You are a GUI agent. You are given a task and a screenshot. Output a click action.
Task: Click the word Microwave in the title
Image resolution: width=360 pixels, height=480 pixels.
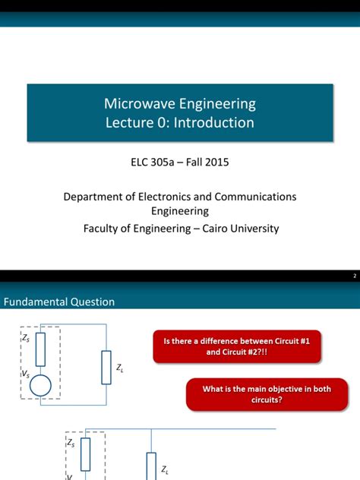pos(138,103)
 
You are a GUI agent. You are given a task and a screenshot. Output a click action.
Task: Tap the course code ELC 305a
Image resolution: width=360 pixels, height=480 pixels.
pos(159,162)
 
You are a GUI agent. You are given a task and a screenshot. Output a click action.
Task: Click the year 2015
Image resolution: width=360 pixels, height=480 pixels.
pos(216,162)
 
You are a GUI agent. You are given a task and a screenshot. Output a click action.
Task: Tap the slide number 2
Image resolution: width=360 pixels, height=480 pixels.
pos(354,276)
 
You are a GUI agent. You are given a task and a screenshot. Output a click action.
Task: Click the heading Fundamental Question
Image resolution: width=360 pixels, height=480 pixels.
pos(60,302)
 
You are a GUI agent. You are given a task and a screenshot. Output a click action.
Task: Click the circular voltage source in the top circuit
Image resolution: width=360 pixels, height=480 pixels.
pos(41,386)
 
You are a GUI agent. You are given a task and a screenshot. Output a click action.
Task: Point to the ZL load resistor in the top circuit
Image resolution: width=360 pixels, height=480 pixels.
pos(106,367)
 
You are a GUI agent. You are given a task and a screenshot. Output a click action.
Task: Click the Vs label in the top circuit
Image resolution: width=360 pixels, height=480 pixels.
pos(25,375)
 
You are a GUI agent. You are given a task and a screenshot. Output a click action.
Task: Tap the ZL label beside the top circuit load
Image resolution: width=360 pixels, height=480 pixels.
pos(119,368)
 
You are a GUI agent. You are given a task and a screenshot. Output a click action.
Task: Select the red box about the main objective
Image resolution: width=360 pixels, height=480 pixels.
pos(267,394)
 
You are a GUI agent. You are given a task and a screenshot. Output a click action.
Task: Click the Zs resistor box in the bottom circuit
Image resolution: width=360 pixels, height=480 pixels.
pos(86,453)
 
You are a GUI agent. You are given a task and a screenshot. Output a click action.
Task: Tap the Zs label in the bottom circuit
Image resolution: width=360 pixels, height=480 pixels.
pos(71,442)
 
